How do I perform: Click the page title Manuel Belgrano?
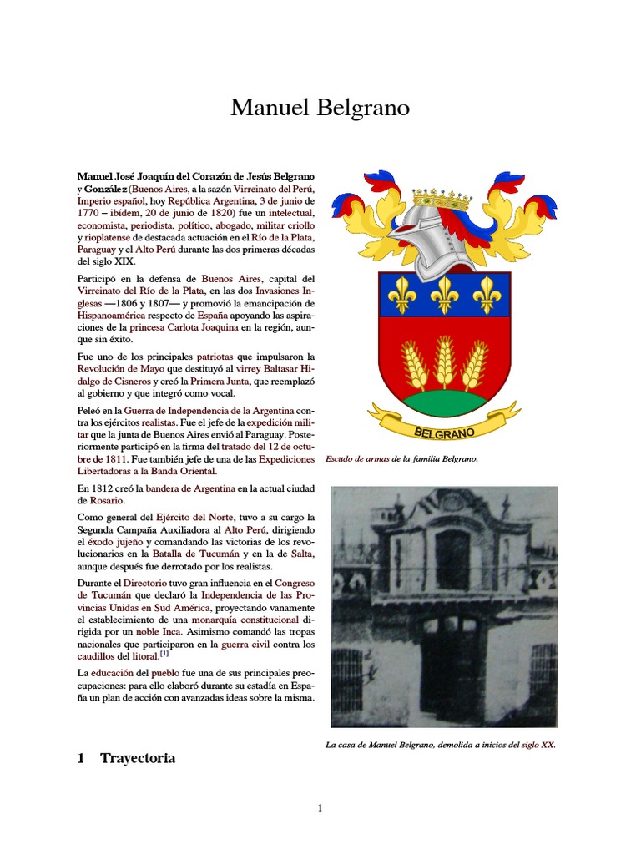320,109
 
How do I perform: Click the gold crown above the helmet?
442,199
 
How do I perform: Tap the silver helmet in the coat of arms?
426,241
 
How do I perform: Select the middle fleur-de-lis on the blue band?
445,293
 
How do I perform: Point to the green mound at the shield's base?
445,403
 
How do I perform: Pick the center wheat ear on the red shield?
445,362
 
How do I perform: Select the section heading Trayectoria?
138,758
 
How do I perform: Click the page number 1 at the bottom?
320,807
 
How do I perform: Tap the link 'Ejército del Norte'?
195,518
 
